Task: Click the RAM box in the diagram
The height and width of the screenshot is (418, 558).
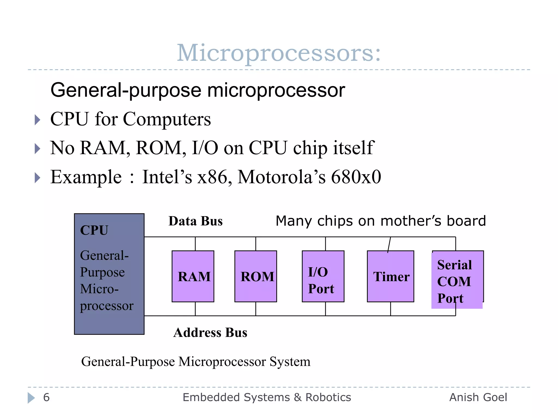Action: [x=193, y=276]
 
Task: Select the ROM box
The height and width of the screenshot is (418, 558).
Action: [x=256, y=276]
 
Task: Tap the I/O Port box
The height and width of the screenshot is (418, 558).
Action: [x=323, y=276]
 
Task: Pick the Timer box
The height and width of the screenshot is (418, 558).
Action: [x=390, y=276]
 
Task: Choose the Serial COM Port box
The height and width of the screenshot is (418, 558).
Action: [x=457, y=280]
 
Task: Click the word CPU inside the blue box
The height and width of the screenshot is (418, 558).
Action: [x=94, y=230]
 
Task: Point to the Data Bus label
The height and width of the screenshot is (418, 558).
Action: [x=195, y=221]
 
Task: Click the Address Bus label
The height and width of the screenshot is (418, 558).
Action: [x=210, y=333]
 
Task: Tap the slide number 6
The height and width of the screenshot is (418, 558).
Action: [x=46, y=398]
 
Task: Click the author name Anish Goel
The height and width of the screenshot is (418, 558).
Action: [x=478, y=398]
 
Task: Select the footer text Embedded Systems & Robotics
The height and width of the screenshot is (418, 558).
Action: [x=267, y=398]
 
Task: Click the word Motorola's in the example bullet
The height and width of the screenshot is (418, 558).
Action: [x=281, y=177]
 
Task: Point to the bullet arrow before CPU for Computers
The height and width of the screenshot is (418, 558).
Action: [x=38, y=120]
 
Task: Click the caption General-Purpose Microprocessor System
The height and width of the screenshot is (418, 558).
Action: [x=196, y=362]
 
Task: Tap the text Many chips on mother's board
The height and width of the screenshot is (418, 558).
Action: [x=381, y=221]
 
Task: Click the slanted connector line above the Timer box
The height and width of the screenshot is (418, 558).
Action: [x=389, y=244]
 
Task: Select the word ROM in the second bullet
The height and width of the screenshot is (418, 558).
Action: [x=159, y=148]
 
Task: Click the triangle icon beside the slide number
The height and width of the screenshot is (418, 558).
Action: [x=31, y=398]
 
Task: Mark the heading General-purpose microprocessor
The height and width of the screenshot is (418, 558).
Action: [x=198, y=90]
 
